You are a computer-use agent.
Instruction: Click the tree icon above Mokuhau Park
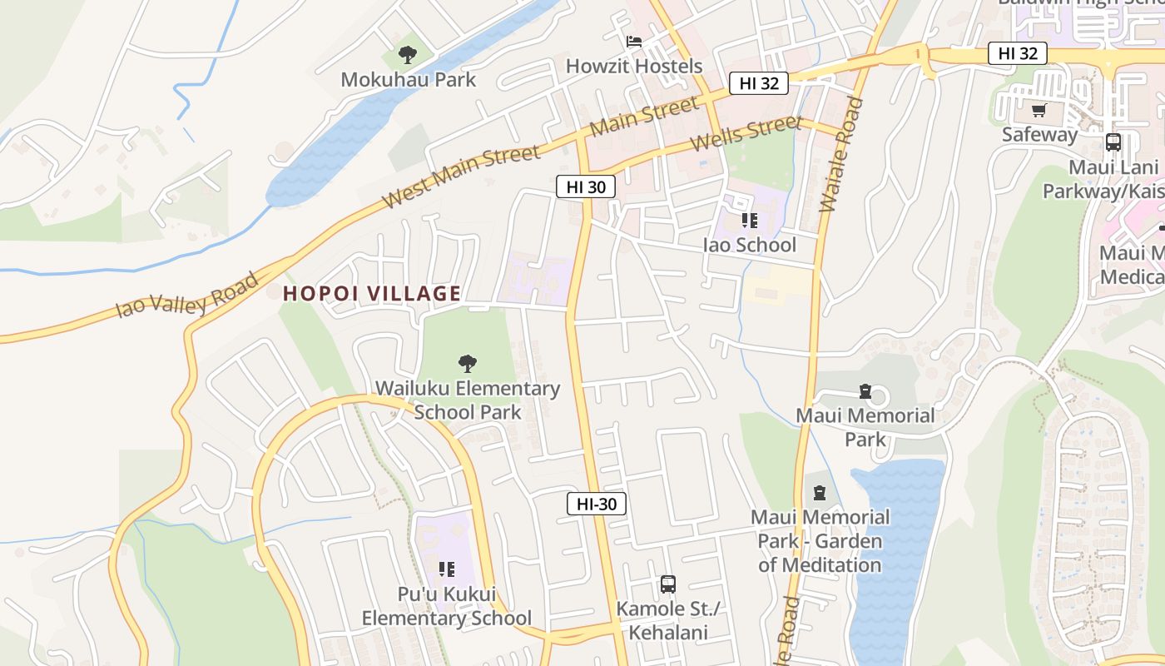click(407, 55)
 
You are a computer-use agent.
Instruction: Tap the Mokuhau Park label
click(409, 80)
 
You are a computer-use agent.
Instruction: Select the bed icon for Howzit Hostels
click(634, 42)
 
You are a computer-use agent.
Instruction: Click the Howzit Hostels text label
click(634, 66)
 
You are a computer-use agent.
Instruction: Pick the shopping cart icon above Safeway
click(1039, 110)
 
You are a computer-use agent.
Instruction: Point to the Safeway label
click(1039, 134)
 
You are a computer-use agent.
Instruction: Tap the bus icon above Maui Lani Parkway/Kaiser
click(1113, 142)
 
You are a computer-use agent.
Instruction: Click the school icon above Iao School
click(750, 221)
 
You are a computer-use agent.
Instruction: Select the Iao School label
click(749, 245)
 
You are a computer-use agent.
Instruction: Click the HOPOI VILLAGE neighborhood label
click(372, 293)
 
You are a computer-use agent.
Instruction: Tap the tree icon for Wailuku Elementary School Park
click(468, 364)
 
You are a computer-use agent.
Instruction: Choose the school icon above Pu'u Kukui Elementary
click(447, 569)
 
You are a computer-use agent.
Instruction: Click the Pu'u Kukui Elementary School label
click(446, 606)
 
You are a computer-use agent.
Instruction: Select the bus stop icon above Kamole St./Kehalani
click(668, 584)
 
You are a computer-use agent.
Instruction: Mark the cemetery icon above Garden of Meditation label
click(820, 493)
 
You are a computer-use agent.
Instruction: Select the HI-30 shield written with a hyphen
click(597, 504)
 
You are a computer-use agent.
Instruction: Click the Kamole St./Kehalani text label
click(668, 620)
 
